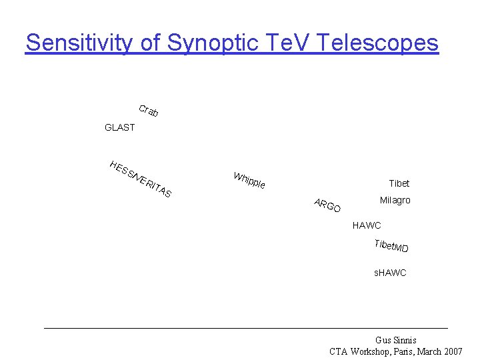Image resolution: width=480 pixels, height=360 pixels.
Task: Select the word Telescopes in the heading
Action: (x=378, y=43)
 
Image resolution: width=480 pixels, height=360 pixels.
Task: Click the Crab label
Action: (x=148, y=111)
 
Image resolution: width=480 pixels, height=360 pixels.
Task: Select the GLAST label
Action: (x=119, y=127)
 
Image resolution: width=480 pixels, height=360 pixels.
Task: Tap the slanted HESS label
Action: (x=120, y=169)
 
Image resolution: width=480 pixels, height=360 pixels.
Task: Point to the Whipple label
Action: (x=249, y=180)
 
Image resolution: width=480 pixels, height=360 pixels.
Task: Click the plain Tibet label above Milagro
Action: (x=399, y=183)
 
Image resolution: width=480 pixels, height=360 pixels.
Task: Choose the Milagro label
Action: (x=395, y=200)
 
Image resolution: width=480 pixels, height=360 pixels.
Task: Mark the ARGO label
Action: (x=327, y=206)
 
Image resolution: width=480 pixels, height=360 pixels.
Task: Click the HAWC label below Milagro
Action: (x=367, y=225)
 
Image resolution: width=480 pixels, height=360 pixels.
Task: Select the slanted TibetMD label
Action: (x=391, y=246)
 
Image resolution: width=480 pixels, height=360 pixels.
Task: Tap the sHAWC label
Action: (x=389, y=273)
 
